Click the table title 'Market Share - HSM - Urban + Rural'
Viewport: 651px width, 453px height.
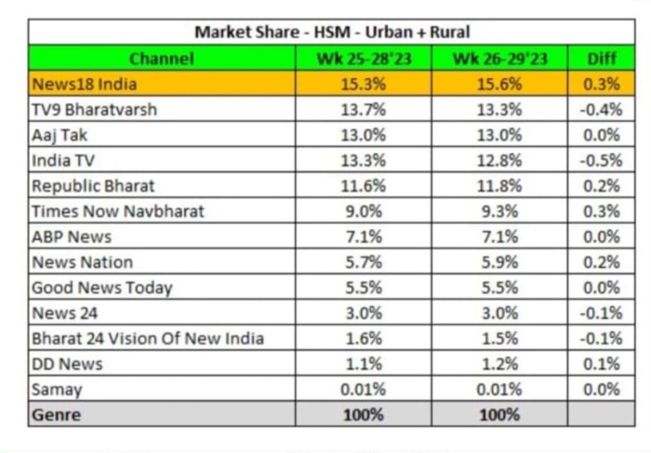(x=332, y=32)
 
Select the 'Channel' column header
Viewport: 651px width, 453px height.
(x=162, y=59)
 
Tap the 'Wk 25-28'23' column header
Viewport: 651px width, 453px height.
(x=364, y=59)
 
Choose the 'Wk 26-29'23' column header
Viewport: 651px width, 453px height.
(x=499, y=59)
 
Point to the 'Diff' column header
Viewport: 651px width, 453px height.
(x=602, y=59)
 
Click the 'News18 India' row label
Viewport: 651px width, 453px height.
(x=85, y=85)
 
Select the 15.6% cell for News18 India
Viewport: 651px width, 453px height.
(x=499, y=85)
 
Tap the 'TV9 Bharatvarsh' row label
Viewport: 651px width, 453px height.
(x=94, y=110)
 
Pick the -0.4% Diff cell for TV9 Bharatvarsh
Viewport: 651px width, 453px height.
(x=601, y=110)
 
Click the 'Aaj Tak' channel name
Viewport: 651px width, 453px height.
(x=60, y=136)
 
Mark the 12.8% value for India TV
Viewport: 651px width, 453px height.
(x=499, y=161)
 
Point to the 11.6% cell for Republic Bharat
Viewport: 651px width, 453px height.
(x=364, y=186)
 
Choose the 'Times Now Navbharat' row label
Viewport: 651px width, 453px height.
(x=118, y=211)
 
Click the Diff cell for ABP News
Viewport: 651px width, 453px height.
(x=602, y=237)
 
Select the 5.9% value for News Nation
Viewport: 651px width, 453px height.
(x=499, y=262)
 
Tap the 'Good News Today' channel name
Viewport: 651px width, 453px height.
(x=102, y=288)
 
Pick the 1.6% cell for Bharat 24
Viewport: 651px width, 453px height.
(x=364, y=339)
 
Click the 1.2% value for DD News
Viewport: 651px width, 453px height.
(x=499, y=364)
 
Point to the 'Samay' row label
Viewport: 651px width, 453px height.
(x=57, y=391)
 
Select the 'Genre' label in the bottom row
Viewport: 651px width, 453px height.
(x=57, y=415)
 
